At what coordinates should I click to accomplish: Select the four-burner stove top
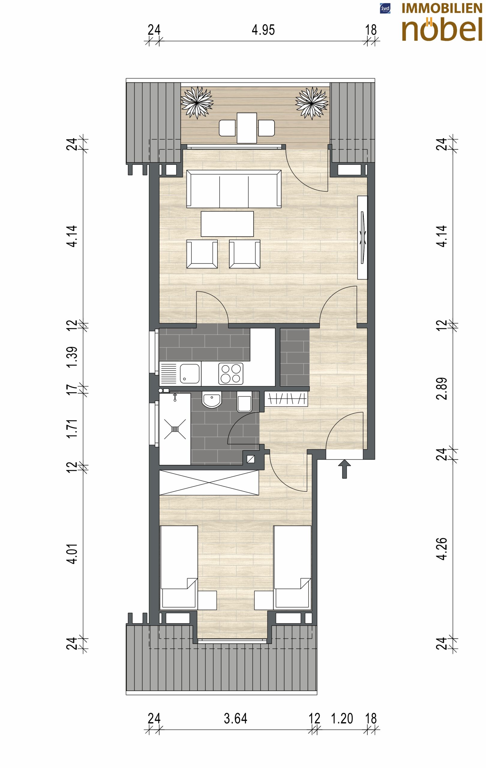[231, 373]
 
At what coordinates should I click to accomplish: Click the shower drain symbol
[175, 429]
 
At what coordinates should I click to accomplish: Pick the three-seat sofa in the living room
[234, 188]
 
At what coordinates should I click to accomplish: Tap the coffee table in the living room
[227, 224]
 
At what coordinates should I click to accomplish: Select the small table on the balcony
[247, 128]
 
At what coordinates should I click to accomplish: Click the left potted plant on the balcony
[197, 102]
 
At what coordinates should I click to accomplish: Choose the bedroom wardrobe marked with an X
[209, 483]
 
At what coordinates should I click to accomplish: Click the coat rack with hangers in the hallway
[286, 399]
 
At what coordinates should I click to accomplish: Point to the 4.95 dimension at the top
[263, 30]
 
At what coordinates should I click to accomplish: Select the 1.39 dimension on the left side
[72, 357]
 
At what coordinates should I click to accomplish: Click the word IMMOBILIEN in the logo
[442, 8]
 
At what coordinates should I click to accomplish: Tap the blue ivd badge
[385, 8]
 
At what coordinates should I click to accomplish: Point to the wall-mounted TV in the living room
[363, 237]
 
